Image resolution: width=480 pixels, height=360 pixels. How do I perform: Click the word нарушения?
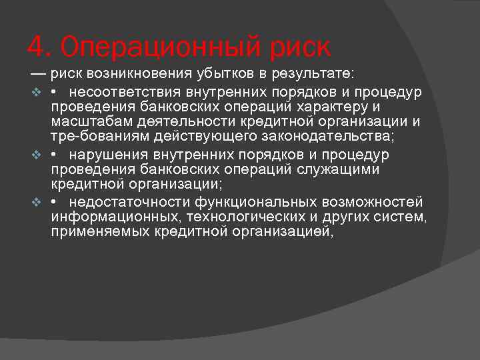click(x=108, y=155)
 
